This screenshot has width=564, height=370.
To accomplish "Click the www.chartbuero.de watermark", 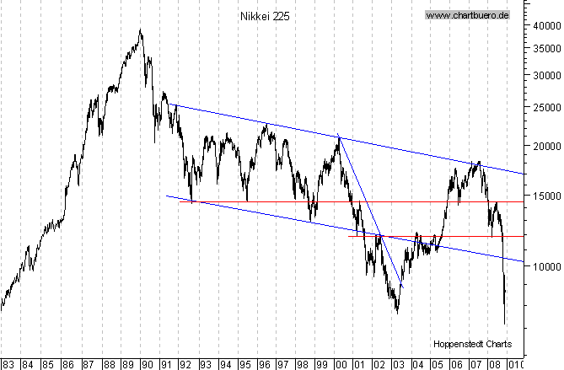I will pos(468,15).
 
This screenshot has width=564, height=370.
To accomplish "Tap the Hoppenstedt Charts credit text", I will pos(472,343).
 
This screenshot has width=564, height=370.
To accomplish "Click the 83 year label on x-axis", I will pos(9,364).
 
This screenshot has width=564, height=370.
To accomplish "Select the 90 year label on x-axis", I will pos(146,364).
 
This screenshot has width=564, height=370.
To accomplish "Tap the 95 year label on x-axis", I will pos(244,364).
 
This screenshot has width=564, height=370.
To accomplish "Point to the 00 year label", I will pos(341,364).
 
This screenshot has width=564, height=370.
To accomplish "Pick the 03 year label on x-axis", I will pos(399,364).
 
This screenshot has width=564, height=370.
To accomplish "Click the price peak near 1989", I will pos(140,31).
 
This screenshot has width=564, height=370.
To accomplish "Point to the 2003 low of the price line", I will pos(397,313).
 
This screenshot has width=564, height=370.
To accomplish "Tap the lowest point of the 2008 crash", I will pos(506,324).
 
